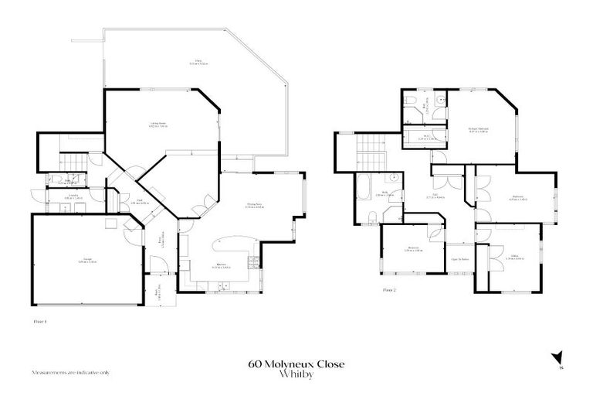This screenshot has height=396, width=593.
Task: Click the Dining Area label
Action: coord(255,205)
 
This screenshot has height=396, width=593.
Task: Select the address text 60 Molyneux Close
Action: coord(296,363)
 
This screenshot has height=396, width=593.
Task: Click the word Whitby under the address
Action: coord(296,374)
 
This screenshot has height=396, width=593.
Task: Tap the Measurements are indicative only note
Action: coord(70,371)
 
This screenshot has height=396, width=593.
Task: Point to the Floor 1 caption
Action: coord(40,319)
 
